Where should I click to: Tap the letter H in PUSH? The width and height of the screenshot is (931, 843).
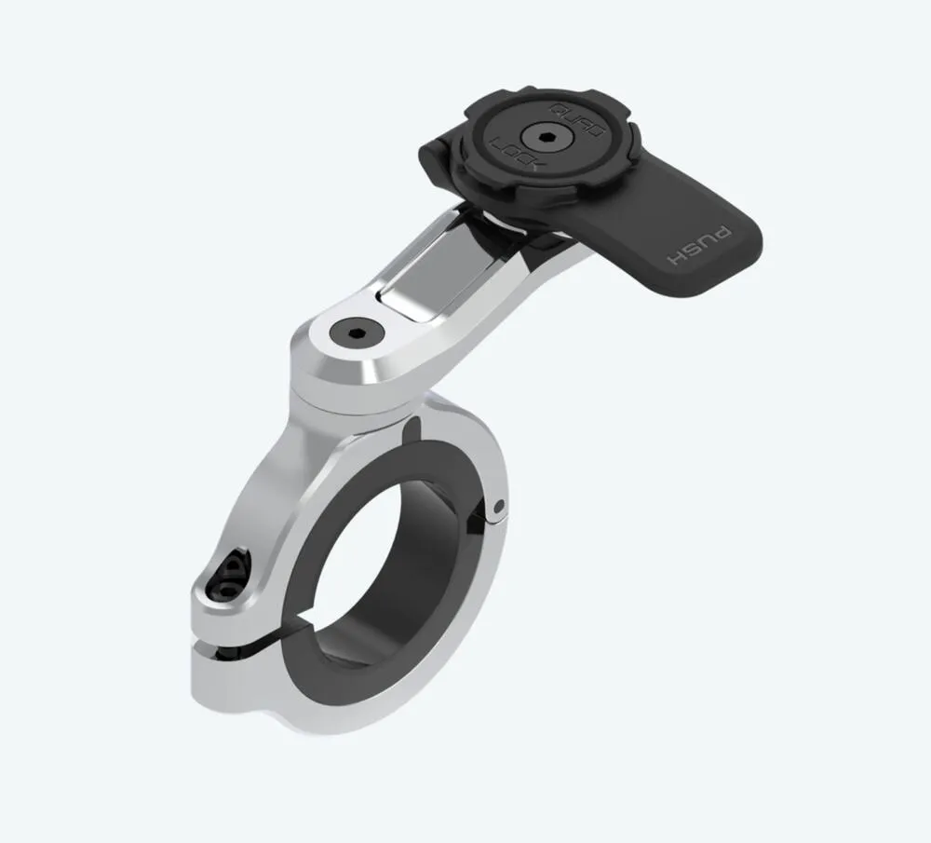click(671, 256)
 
